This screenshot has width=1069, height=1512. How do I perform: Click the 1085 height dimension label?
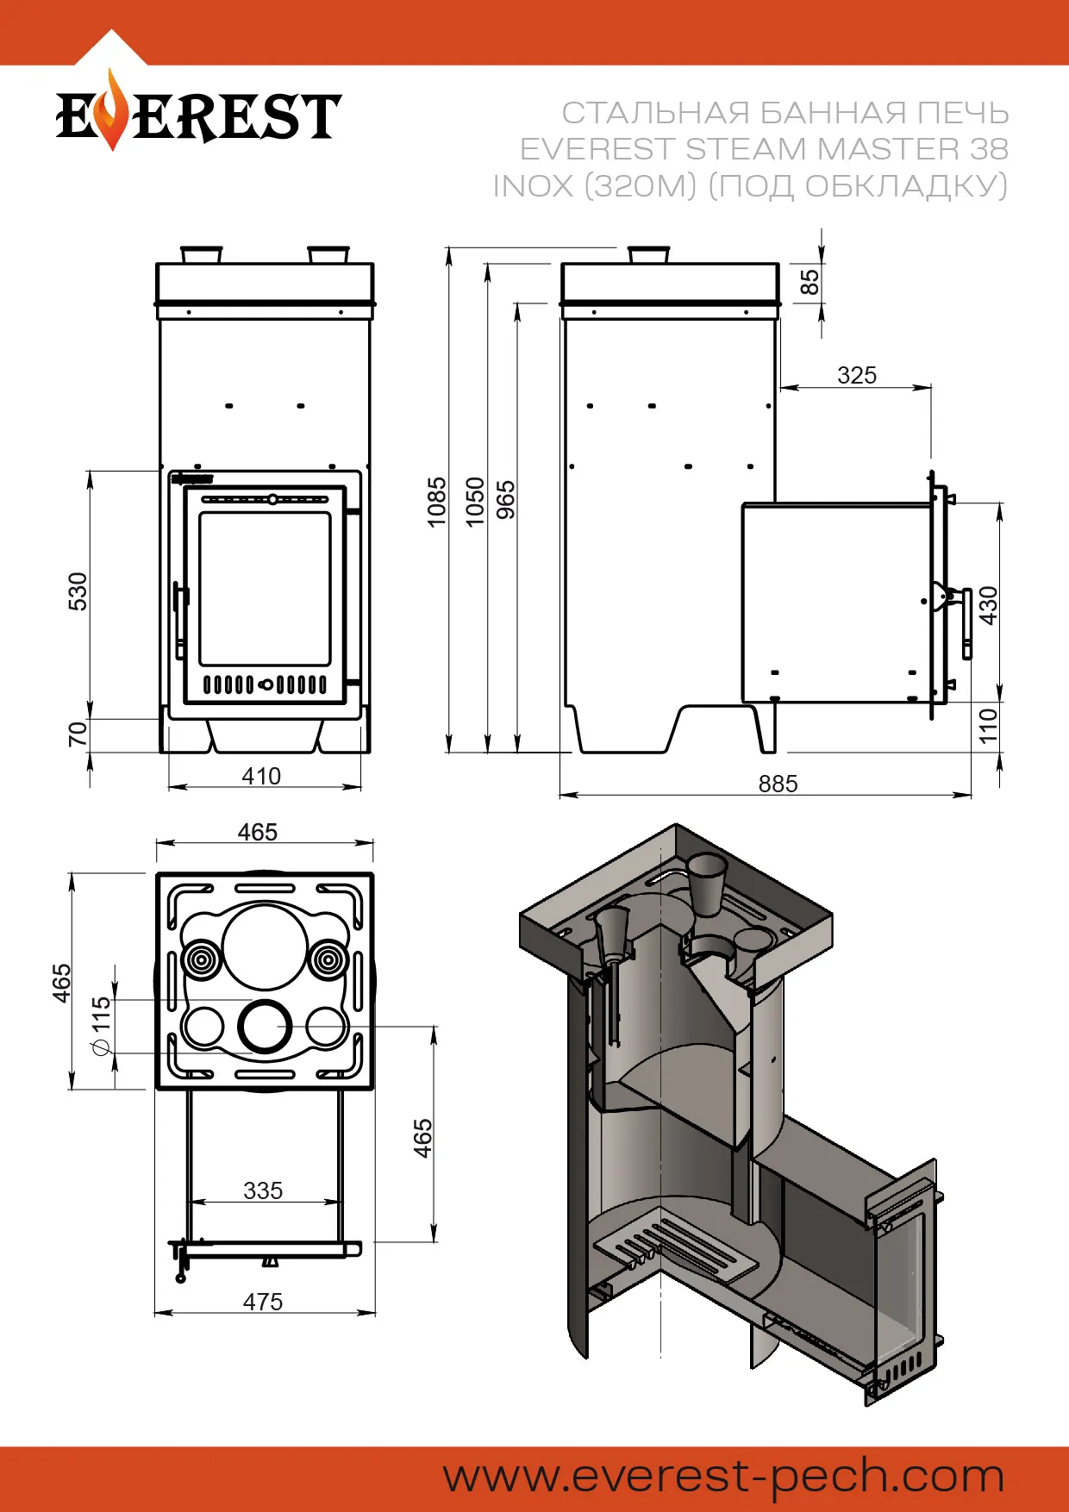click(x=437, y=501)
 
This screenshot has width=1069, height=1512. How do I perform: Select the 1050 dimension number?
click(x=475, y=501)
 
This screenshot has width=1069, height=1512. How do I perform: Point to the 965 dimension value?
click(x=506, y=501)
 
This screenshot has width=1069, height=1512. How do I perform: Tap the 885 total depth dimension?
click(x=778, y=784)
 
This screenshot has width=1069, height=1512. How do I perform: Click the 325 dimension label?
click(x=856, y=375)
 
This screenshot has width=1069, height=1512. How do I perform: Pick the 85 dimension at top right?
click(x=810, y=282)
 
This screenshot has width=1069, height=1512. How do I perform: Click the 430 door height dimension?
click(x=988, y=605)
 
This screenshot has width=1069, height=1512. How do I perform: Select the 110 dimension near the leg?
click(x=988, y=725)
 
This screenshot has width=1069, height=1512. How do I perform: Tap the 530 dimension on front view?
click(x=78, y=591)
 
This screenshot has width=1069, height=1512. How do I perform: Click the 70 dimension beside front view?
click(x=78, y=734)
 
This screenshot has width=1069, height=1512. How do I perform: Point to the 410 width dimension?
click(x=261, y=776)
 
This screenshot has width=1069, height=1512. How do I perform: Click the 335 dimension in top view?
click(x=263, y=1190)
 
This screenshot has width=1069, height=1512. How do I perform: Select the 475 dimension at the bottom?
click(x=263, y=1301)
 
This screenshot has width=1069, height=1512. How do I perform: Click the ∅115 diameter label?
click(x=101, y=1026)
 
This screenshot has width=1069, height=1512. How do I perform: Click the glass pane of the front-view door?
click(x=265, y=588)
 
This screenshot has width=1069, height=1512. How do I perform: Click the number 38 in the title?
click(x=988, y=149)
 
